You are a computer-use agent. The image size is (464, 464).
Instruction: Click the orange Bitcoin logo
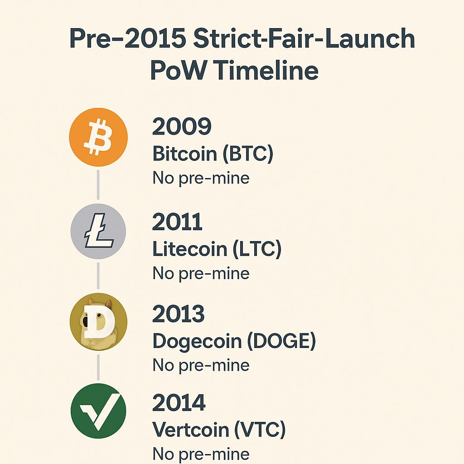pos(98,136)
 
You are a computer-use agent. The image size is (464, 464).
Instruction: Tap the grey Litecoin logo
pos(98,231)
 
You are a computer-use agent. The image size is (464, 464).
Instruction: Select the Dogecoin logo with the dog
pos(98,322)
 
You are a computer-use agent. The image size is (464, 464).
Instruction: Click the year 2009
pos(182,127)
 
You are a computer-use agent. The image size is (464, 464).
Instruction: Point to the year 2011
pos(177,222)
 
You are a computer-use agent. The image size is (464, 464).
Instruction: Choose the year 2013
pos(179,314)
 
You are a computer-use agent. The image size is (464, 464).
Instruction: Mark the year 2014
pos(179,403)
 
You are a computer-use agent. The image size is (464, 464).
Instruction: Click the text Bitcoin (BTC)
pos(213,154)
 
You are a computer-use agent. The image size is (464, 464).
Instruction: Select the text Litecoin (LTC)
pos(217,249)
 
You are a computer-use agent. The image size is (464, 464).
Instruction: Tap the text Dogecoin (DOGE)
pos(234,341)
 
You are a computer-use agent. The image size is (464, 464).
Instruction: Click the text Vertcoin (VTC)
pos(219,430)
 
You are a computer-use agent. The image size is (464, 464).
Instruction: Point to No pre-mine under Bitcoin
pos(201,178)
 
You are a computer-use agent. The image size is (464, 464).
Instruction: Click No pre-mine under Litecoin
pos(201,273)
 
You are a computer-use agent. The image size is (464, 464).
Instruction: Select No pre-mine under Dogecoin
pos(201,365)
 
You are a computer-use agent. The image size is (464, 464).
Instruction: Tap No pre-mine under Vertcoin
pos(201,454)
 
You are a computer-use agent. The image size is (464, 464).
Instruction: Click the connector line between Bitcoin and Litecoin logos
pos(98,184)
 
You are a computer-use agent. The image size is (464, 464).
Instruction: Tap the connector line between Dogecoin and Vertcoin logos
pos(98,367)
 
